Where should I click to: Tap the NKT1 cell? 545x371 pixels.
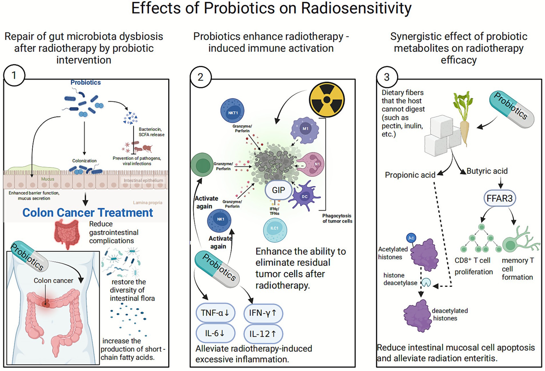coord(233,111)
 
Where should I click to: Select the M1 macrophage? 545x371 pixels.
coord(305,130)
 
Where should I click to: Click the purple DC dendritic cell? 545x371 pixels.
coord(304,197)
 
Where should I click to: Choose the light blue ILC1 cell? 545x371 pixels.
coord(274,230)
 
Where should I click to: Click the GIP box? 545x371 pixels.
coord(278,190)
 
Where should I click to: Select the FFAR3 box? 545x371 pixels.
coord(499,198)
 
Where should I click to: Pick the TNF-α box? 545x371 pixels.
coord(215,313)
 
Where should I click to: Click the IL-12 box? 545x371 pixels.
coord(263,334)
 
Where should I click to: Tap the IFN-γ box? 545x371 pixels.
coord(263,313)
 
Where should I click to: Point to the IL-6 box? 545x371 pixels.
coord(215,333)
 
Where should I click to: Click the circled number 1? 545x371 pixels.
coord(14,75)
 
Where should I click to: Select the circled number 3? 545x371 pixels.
coord(387,77)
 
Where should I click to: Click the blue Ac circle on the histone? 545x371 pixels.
coord(411,238)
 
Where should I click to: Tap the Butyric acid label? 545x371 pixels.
coord(487,171)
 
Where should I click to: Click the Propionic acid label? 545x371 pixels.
coord(410,175)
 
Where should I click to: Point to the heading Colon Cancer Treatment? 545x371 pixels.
coord(88,213)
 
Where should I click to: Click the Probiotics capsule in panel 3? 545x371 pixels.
coord(512,109)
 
